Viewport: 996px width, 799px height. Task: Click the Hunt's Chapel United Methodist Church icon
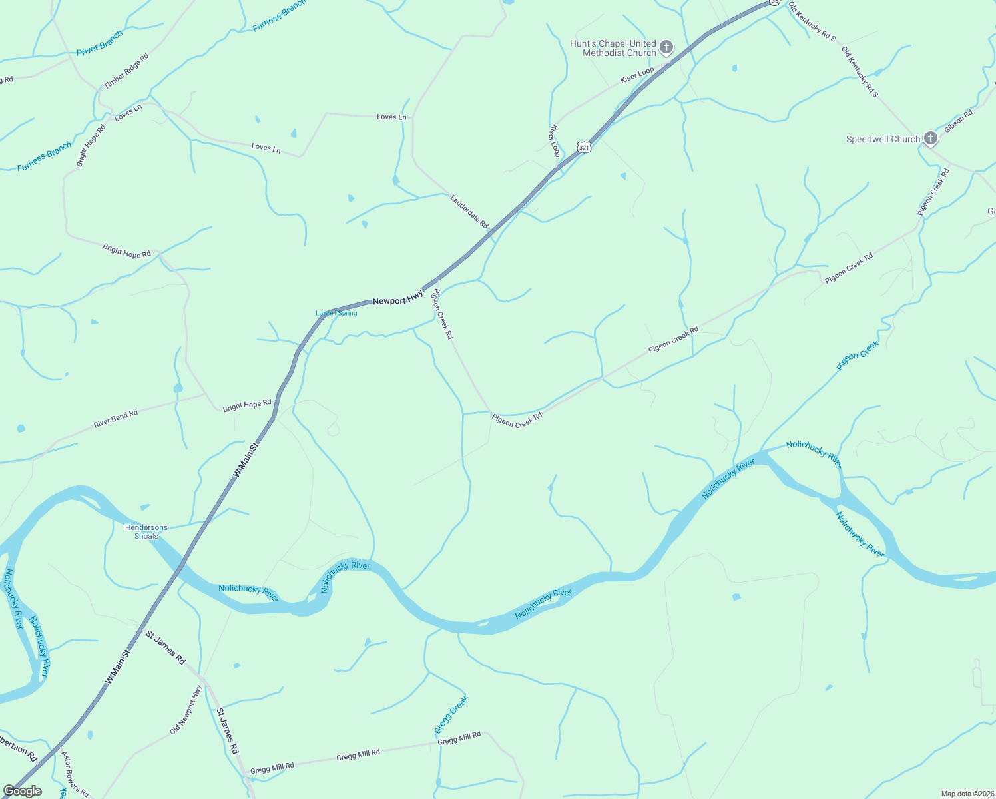(x=666, y=47)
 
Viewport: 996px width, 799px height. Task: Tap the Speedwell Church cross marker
(x=931, y=138)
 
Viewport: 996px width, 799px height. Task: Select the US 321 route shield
(x=584, y=146)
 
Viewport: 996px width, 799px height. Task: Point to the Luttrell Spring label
(x=336, y=313)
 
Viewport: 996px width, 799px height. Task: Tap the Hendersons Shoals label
(x=146, y=531)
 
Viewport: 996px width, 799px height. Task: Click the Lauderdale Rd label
(x=469, y=212)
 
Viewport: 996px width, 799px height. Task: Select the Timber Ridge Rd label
(x=126, y=71)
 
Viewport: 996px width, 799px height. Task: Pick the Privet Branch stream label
(x=100, y=43)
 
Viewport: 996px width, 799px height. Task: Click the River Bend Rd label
(x=116, y=418)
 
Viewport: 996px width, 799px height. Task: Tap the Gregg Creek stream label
(x=452, y=714)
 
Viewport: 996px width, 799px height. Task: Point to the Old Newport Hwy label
(x=186, y=710)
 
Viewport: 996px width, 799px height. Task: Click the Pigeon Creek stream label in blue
(x=858, y=355)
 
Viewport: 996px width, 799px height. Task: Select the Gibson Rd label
(x=959, y=121)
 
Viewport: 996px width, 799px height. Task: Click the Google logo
(x=22, y=791)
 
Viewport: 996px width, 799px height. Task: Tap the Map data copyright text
(x=967, y=794)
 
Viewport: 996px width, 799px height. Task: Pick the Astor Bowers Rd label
(x=75, y=774)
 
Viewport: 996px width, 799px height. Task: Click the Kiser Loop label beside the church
(x=637, y=75)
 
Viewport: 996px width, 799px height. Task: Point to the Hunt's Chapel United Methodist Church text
(x=613, y=48)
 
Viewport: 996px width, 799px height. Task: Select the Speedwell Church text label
(x=883, y=139)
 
